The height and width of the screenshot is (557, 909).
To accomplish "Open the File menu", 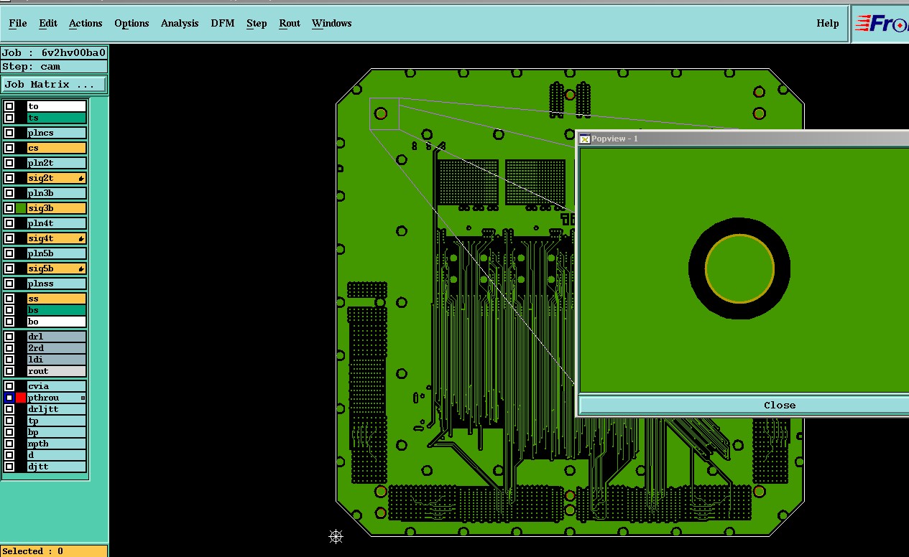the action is coord(18,24).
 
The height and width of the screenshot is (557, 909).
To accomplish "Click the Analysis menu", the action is coord(180,24).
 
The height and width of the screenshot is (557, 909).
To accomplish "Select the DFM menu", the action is coord(222,24).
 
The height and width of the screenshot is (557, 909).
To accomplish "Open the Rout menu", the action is coord(290,24).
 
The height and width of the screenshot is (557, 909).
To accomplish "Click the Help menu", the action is coord(827,24).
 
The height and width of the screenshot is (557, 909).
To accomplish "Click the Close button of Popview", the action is coord(779,406).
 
